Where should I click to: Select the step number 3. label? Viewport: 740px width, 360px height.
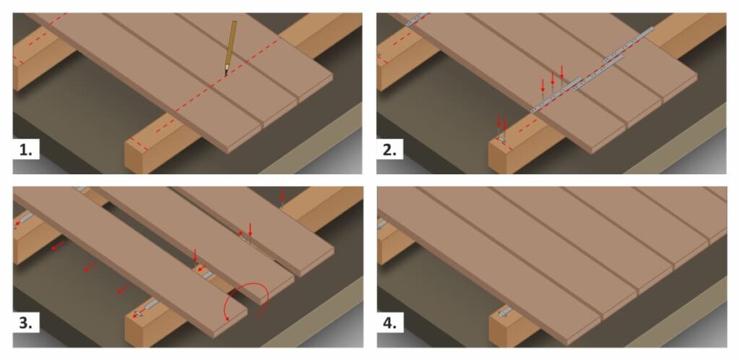tap(27, 323)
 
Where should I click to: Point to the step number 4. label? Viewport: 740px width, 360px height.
tap(390, 323)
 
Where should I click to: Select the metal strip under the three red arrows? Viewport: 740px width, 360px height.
tap(556, 95)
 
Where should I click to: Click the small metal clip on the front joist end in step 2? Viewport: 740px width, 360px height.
tap(502, 138)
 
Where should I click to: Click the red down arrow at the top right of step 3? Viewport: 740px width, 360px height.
tap(283, 194)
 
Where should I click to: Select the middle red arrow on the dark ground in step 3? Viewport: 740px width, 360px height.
tap(90, 267)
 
